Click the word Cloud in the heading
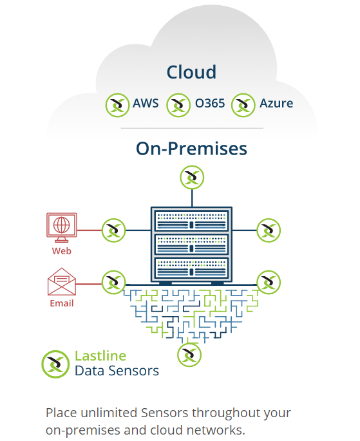pyautogui.click(x=191, y=72)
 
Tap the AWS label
pyautogui.click(x=146, y=103)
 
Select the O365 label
pyautogui.click(x=210, y=103)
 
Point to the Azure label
pyautogui.click(x=276, y=103)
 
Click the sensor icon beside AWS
pyautogui.click(x=118, y=105)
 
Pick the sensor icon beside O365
pyautogui.click(x=178, y=105)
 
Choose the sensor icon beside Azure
pyautogui.click(x=243, y=105)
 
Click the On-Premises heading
pyautogui.click(x=191, y=148)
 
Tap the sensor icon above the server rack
pyautogui.click(x=192, y=178)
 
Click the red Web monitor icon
pyautogui.click(x=62, y=227)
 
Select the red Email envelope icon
pyautogui.click(x=62, y=281)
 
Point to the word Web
pyautogui.click(x=62, y=251)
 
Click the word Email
pyautogui.click(x=62, y=303)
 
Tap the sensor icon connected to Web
pyautogui.click(x=113, y=230)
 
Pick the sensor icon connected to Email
pyautogui.click(x=113, y=283)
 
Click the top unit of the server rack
pyautogui.click(x=191, y=221)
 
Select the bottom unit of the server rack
pyautogui.click(x=191, y=268)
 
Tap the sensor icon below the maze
pyautogui.click(x=189, y=355)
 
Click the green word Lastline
pyautogui.click(x=100, y=356)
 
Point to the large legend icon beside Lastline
pyautogui.click(x=55, y=364)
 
